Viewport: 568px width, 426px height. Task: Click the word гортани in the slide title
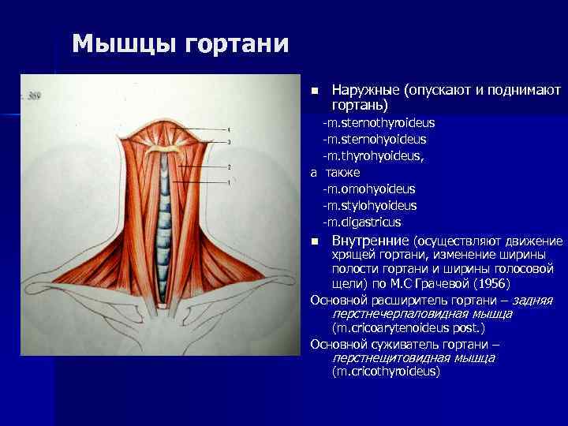pos(237,43)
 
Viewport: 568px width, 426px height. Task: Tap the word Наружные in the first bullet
pos(366,91)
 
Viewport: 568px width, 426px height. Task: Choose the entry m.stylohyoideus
pos(370,205)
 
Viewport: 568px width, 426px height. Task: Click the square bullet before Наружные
pos(314,92)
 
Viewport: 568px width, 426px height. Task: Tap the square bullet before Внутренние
pos(314,241)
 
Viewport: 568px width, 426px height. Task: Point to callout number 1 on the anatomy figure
pos(229,183)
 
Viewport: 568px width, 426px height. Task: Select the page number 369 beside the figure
pos(33,96)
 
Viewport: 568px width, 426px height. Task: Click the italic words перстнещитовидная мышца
pos(414,357)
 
